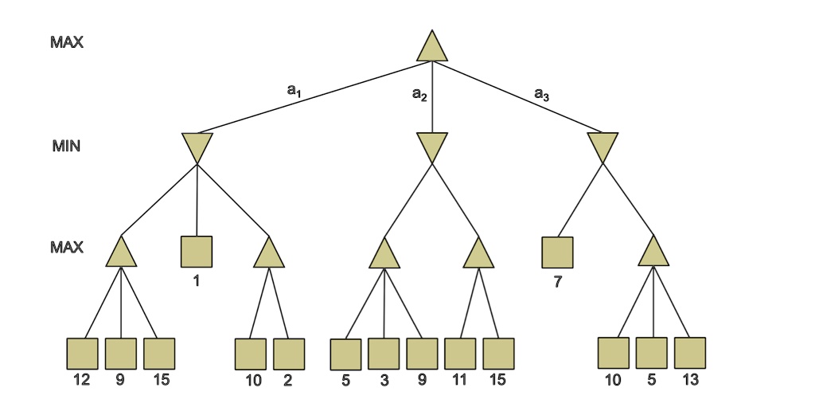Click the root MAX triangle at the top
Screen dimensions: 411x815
(x=432, y=48)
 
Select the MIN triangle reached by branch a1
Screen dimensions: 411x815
(x=197, y=147)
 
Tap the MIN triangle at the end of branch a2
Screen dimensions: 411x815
(x=432, y=147)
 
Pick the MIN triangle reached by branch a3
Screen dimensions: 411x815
(x=603, y=147)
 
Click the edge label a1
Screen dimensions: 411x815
(x=294, y=91)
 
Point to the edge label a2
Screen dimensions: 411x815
(x=419, y=95)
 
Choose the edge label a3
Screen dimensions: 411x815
(x=541, y=95)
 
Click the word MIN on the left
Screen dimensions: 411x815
(x=67, y=147)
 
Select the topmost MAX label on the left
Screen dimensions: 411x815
(x=67, y=43)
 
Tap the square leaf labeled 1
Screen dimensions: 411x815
(x=197, y=252)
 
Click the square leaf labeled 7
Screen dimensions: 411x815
(x=557, y=252)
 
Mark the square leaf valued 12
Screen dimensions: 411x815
(x=82, y=354)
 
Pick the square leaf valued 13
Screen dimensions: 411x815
(x=690, y=353)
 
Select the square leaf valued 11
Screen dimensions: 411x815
(x=460, y=354)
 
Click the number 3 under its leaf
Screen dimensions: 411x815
(x=384, y=381)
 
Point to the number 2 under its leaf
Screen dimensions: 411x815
(x=288, y=381)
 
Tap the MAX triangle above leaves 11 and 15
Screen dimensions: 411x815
(x=479, y=254)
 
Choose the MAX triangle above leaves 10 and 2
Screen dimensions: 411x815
(x=269, y=253)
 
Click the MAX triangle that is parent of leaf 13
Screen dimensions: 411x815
(x=653, y=252)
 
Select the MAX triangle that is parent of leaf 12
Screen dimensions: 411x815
(x=121, y=253)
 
